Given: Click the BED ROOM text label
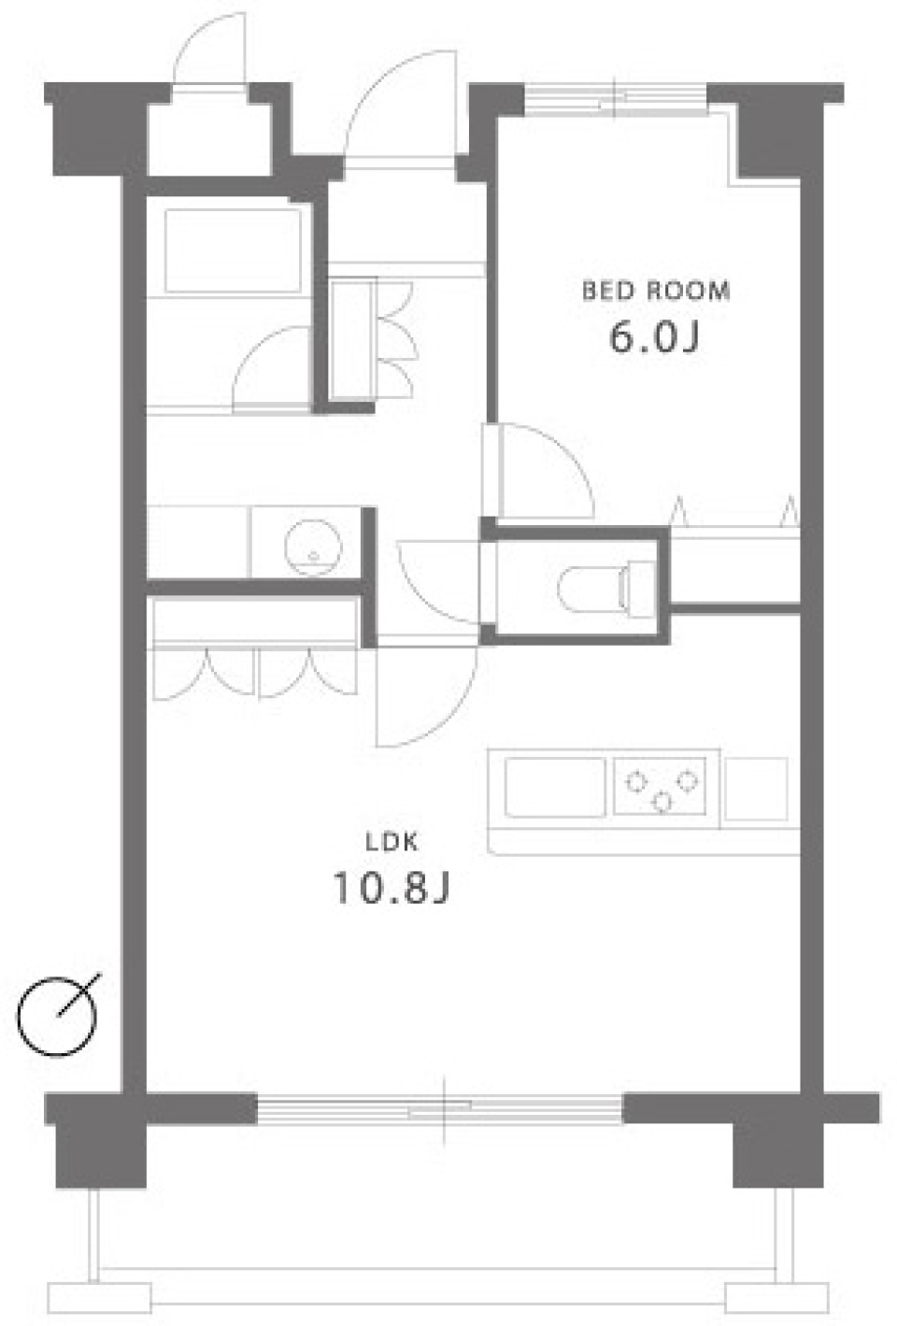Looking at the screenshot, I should tap(656, 291).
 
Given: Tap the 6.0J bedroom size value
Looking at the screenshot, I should tap(654, 336).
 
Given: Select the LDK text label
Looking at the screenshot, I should tap(392, 842).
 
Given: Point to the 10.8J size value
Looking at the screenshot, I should tap(392, 888).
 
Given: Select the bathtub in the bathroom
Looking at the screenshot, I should tap(233, 250).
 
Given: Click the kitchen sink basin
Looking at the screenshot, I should tap(554, 787).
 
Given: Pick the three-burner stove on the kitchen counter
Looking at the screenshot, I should tap(661, 786).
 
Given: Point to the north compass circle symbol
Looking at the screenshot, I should tap(58, 1016).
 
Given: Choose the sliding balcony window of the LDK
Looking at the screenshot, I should tap(439, 1109).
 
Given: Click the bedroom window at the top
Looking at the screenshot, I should tap(615, 98).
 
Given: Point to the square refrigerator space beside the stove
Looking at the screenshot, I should tap(755, 788).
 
